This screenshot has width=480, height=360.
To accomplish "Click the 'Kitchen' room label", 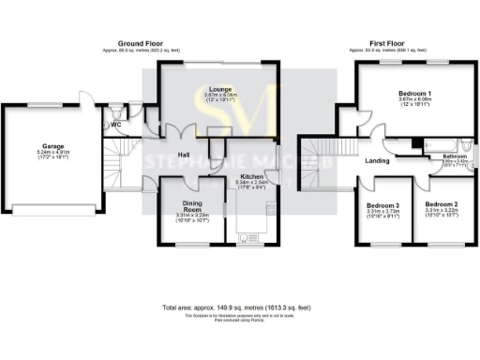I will (x=251, y=176).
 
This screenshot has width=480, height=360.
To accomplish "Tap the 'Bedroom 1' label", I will (x=413, y=94).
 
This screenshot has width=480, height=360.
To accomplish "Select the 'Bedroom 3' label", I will (x=383, y=205).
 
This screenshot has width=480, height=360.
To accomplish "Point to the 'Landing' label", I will (x=378, y=161).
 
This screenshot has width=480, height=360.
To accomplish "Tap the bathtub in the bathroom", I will (x=443, y=145).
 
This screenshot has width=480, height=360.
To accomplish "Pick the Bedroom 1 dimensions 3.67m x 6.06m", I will (x=413, y=101).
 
